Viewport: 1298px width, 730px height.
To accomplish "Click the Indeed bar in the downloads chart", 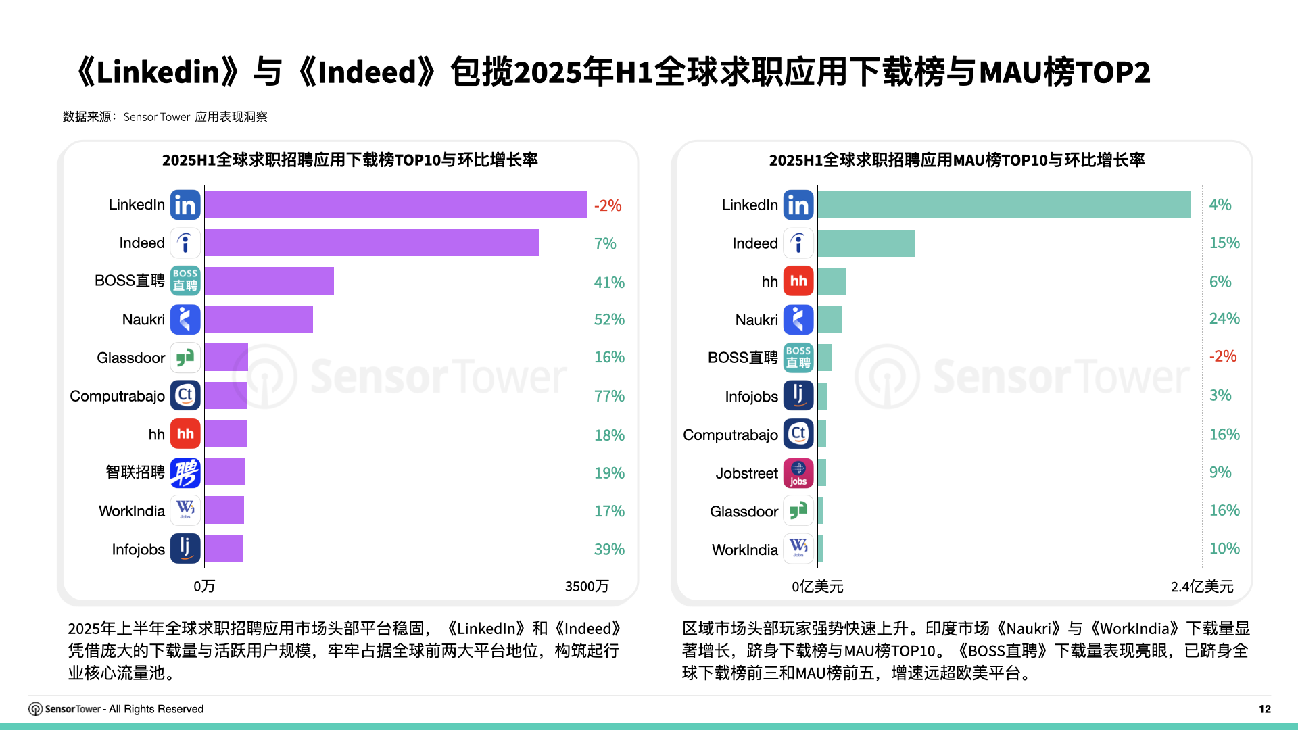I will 371,243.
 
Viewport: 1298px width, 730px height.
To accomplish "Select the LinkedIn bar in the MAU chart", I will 1003,205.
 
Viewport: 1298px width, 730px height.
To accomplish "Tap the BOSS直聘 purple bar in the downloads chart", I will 269,281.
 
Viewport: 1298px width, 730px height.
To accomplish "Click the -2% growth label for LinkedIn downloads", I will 608,205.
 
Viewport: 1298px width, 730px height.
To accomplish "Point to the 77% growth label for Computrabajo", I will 609,396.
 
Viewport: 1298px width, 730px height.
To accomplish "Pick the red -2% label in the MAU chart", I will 1223,356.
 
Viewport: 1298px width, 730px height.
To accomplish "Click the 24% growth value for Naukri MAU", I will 1224,318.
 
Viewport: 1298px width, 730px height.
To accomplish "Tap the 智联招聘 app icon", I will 185,472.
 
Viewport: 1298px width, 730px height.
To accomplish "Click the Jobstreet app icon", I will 798,473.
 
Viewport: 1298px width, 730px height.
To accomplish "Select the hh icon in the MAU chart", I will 798,281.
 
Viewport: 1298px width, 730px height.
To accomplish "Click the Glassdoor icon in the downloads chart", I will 185,358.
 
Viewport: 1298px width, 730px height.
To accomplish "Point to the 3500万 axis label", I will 587,586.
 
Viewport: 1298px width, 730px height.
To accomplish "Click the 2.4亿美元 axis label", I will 1202,587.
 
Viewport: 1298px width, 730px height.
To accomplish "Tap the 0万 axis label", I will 204,586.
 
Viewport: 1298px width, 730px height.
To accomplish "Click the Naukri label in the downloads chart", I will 143,320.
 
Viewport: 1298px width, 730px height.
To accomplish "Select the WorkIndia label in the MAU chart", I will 745,550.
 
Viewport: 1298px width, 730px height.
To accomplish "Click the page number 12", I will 1264,709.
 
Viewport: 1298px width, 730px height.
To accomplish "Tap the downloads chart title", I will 350,160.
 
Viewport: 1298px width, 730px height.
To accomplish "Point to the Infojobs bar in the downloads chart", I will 224,548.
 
